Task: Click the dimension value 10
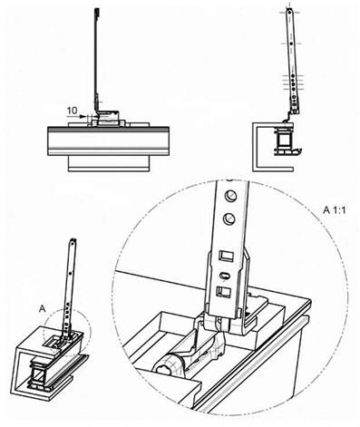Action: [73, 111]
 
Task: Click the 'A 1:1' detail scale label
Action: [334, 210]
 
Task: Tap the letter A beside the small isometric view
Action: [43, 308]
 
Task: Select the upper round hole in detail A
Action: [230, 196]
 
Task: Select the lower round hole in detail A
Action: [229, 218]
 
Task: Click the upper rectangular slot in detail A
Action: [227, 256]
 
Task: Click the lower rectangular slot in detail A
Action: [224, 291]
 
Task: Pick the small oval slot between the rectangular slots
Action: [225, 275]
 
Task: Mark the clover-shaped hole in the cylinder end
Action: [164, 369]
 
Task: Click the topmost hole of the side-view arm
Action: [289, 12]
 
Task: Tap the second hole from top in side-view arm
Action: [291, 44]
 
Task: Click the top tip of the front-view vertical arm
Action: [96, 9]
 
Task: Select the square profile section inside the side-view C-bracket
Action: [284, 140]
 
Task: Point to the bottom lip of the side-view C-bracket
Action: [274, 169]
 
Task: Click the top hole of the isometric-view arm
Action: [73, 241]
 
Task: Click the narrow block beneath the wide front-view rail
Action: [109, 163]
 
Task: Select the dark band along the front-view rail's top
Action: [108, 130]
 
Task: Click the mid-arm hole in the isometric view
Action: [71, 273]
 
